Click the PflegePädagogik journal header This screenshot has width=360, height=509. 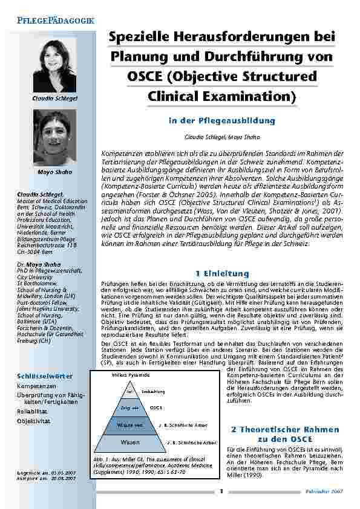51,21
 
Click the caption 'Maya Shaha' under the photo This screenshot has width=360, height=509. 54,172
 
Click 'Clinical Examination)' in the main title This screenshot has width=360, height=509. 222,96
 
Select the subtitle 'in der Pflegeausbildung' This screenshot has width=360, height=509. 222,121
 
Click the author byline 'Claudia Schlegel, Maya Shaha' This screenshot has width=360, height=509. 222,138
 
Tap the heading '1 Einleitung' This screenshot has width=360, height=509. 222,274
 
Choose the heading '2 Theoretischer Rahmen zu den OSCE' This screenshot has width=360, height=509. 284,434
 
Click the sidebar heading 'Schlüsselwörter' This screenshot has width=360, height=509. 45,376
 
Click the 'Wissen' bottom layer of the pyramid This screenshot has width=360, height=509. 130,443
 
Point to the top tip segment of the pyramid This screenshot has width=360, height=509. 129,392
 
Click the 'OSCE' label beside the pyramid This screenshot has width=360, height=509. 156,408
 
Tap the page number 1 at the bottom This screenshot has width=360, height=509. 221,491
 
